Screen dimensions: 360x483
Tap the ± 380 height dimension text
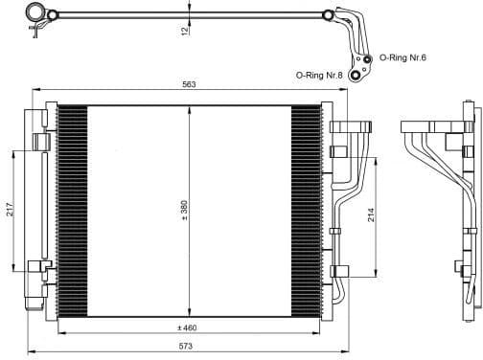coord(183,211)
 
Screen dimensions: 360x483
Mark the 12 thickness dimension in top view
coord(184,31)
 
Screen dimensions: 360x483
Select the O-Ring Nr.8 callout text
coord(319,73)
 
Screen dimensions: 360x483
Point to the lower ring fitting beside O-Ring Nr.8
coord(356,75)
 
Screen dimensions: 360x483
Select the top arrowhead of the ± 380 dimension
coord(190,107)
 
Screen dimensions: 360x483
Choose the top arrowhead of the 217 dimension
coord(14,151)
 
